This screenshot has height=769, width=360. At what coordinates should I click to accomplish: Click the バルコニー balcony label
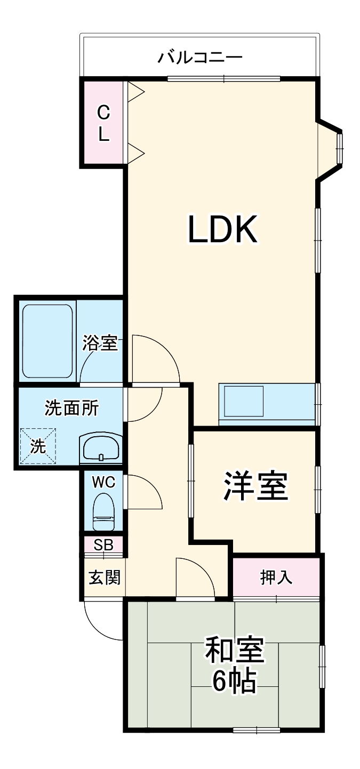coord(200,57)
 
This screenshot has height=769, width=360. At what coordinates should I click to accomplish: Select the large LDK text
coord(223,229)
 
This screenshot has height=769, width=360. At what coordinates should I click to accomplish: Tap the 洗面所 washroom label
coord(71,408)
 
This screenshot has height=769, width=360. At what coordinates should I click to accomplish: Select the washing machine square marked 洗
coord(38,446)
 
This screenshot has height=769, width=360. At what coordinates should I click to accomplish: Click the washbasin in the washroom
coord(101,446)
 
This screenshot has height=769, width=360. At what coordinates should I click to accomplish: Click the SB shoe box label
coord(103,545)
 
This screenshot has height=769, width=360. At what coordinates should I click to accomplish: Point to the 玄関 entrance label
coord(104,577)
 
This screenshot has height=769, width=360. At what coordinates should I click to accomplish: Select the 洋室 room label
coord(255,486)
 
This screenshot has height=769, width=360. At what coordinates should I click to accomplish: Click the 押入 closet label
coord(276,578)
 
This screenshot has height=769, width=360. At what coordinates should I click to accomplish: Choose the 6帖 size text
coord(234,680)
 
